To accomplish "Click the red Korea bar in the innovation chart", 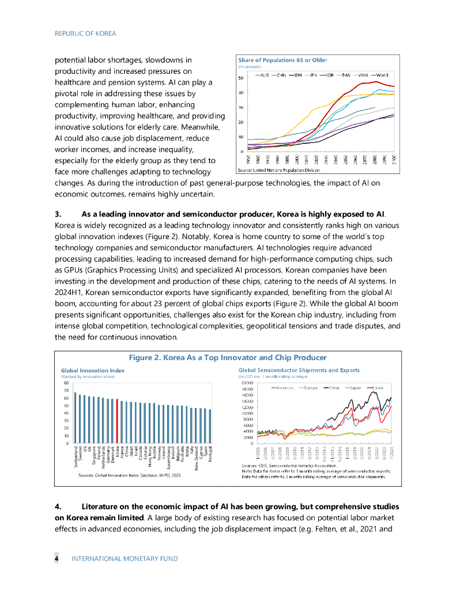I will click(117, 421).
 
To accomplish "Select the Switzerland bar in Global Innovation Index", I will click(75, 418).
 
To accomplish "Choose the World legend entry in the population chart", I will click(382, 75).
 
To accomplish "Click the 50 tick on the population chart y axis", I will click(240, 78).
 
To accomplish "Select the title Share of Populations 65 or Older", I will click(279, 60).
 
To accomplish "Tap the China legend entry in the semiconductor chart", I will click(334, 388).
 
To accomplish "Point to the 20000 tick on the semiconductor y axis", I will click(247, 383).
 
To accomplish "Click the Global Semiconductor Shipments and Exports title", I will click(299, 370).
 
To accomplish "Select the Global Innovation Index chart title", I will click(92, 370).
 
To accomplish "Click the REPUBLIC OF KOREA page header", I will click(85, 33).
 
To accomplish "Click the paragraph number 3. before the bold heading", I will click(58, 214).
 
